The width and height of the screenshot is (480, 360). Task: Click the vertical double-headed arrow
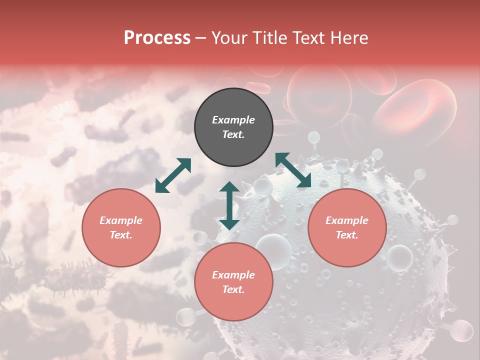(x=229, y=205)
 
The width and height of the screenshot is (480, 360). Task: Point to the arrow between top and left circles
(x=173, y=175)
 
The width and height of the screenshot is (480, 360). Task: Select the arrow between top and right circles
(x=293, y=170)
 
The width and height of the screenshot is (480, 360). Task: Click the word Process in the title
(x=157, y=37)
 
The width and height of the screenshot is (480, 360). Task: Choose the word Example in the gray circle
(x=233, y=120)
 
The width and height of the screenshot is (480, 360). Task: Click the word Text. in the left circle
(x=121, y=235)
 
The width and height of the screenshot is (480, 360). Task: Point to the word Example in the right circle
(x=347, y=220)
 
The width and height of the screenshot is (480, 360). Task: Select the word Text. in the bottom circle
(x=233, y=289)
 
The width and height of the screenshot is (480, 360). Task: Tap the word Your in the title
(x=229, y=37)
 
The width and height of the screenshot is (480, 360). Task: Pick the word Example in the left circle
(x=121, y=220)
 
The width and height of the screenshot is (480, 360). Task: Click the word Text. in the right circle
(x=347, y=235)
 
